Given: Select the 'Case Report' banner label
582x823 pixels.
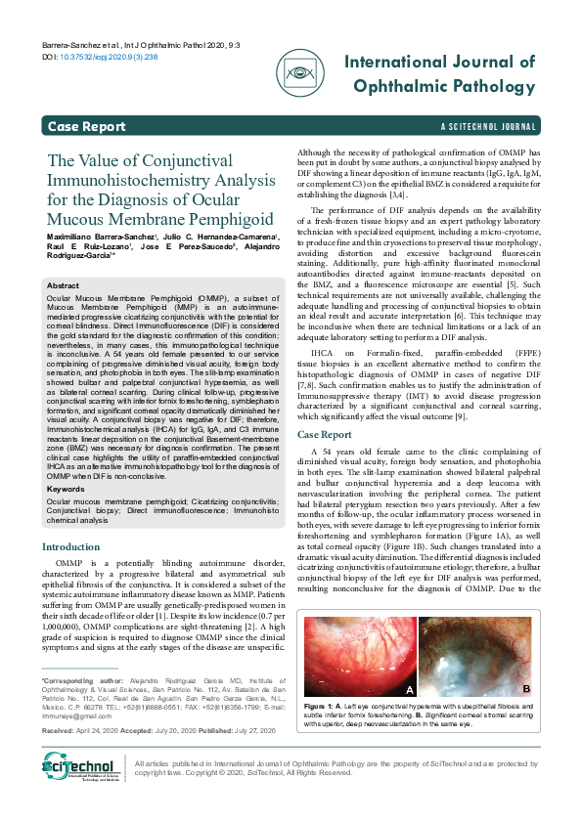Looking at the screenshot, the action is pos(86,127).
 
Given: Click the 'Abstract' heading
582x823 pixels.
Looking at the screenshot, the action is pos(64,285).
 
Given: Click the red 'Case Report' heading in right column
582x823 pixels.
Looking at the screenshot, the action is pos(324,434).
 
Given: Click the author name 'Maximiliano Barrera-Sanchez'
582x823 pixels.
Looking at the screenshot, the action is pos(93,238).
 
